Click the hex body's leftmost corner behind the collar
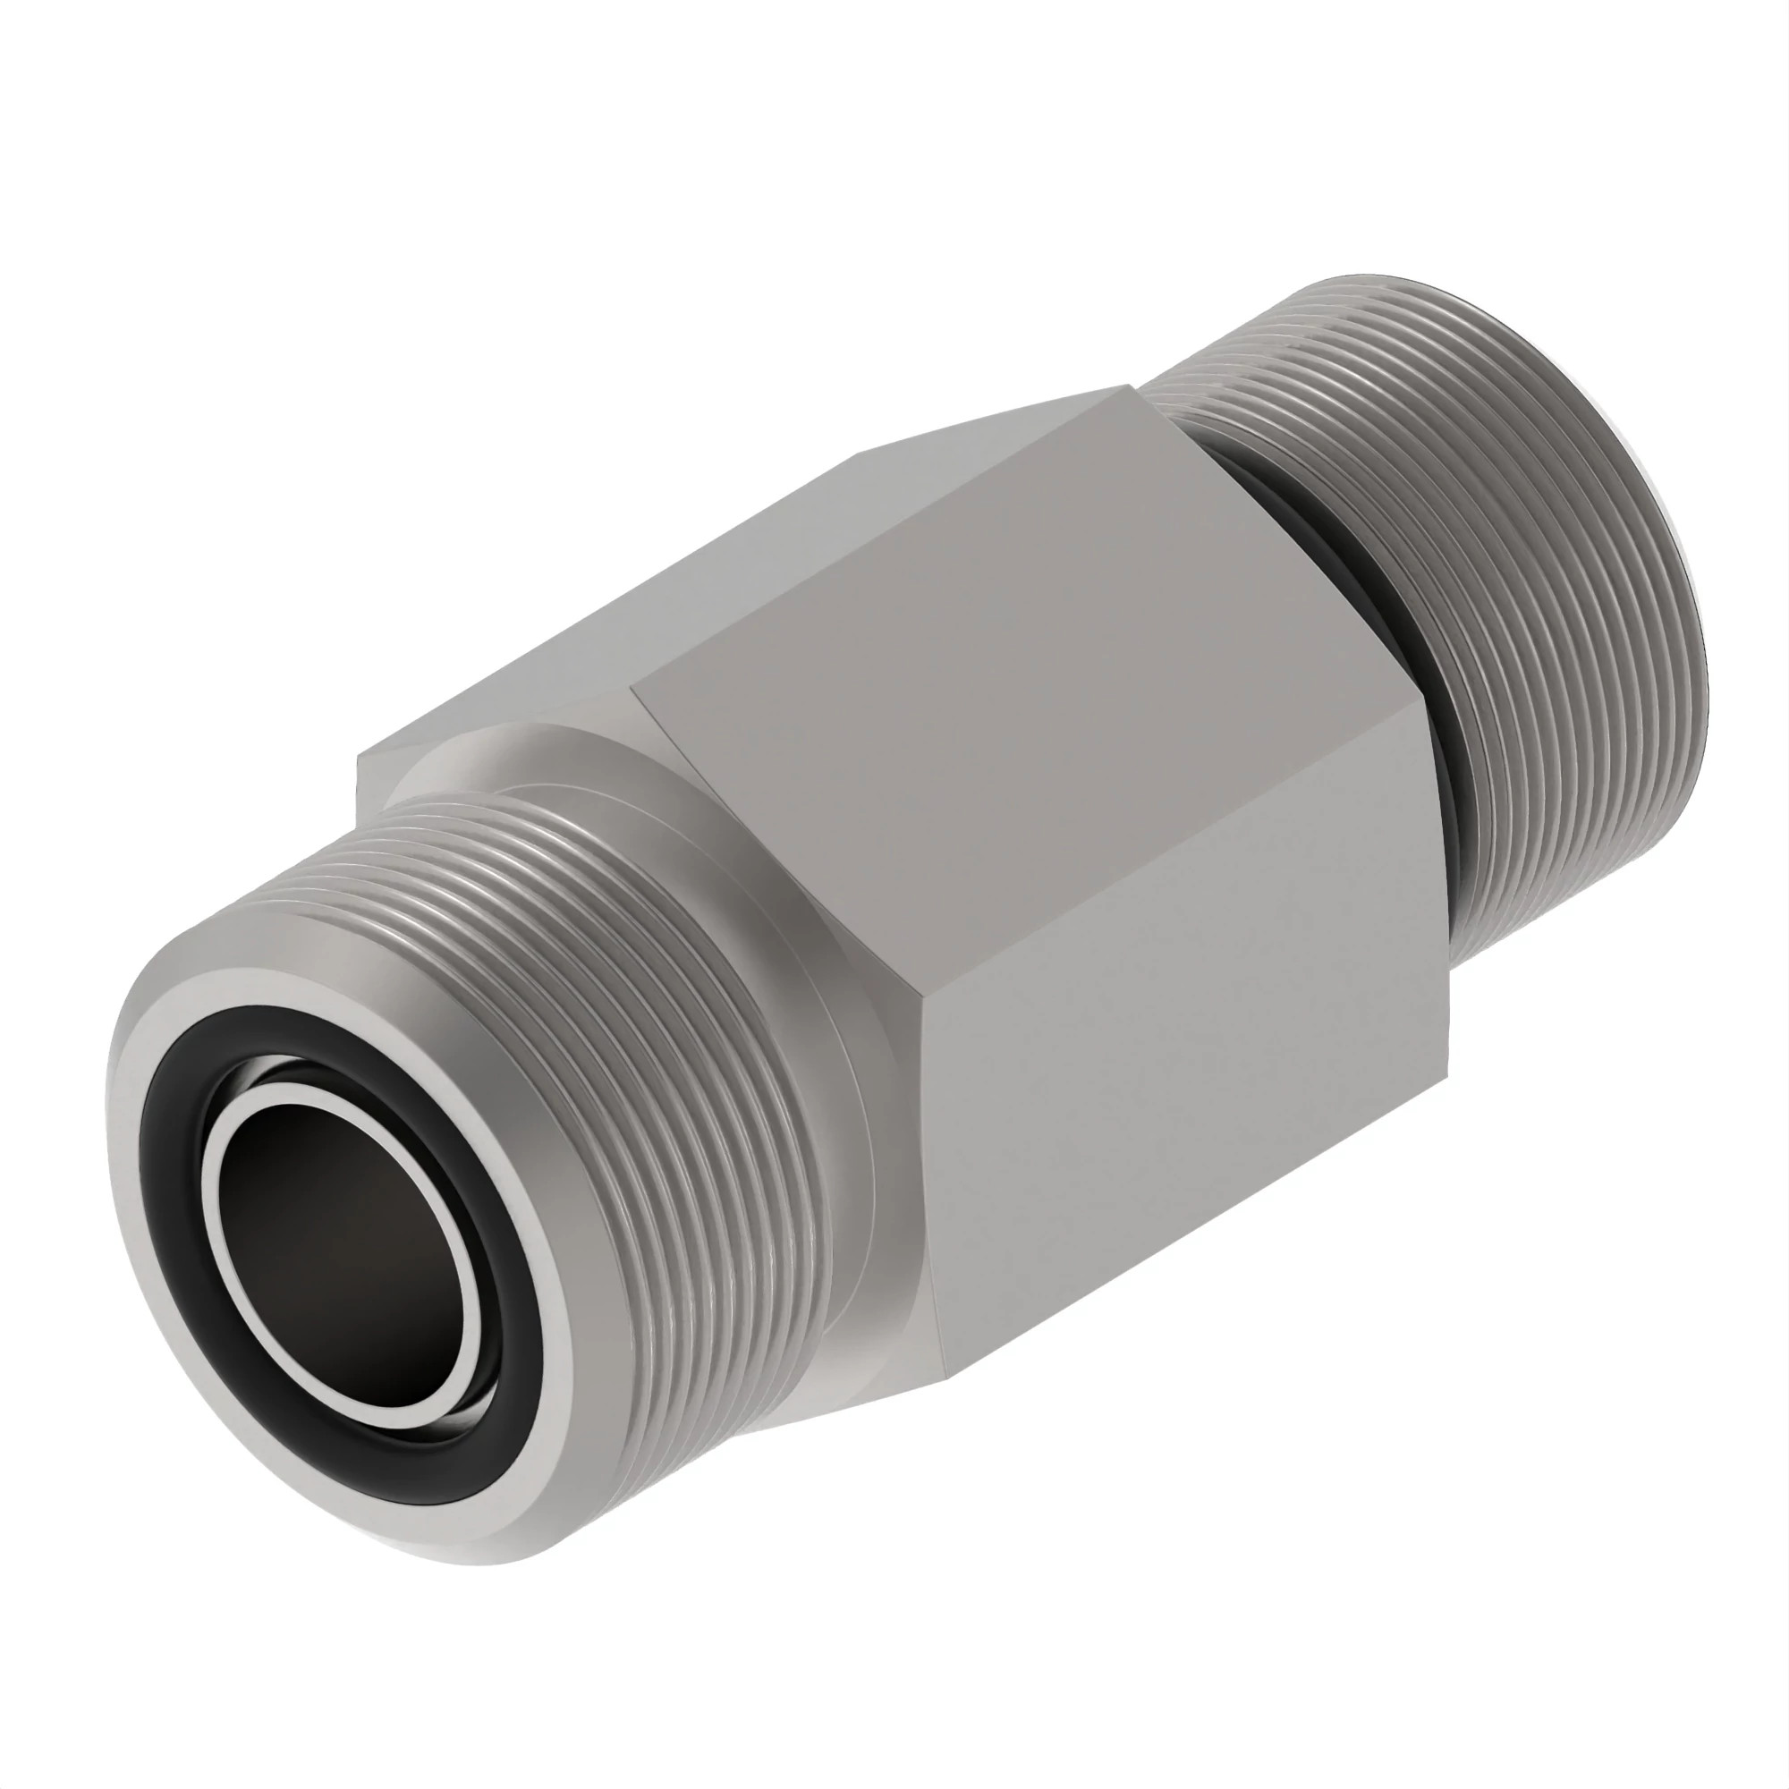pyautogui.click(x=359, y=761)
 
